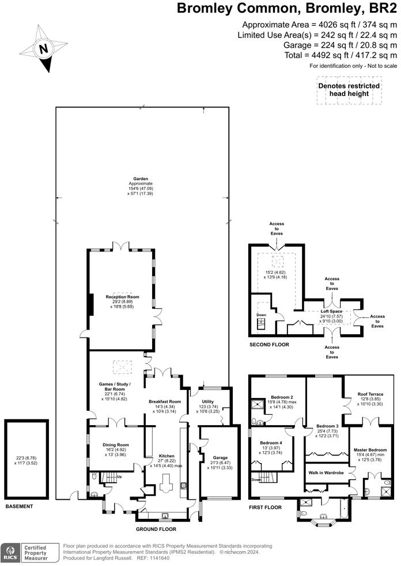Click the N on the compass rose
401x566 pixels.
[x=44, y=49]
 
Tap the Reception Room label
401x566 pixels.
[x=122, y=297]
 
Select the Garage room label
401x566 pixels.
[x=220, y=457]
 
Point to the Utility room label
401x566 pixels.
[x=207, y=401]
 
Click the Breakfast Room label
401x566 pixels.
[x=165, y=401]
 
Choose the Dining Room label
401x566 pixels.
[x=116, y=445]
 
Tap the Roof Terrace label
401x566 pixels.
[x=370, y=394]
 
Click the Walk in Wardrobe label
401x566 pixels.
[x=326, y=472]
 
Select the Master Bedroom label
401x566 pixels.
[x=370, y=450]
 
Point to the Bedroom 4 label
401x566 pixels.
[x=271, y=443]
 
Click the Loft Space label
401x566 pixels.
[x=331, y=311]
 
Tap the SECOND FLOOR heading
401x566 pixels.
[x=269, y=345]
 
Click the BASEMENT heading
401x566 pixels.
[x=19, y=506]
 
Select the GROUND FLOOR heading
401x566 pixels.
[x=156, y=529]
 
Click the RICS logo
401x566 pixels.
[x=10, y=553]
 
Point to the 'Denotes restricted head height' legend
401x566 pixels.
[x=349, y=90]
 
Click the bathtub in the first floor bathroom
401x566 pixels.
[x=343, y=508]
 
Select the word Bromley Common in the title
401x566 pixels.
[x=233, y=8]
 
